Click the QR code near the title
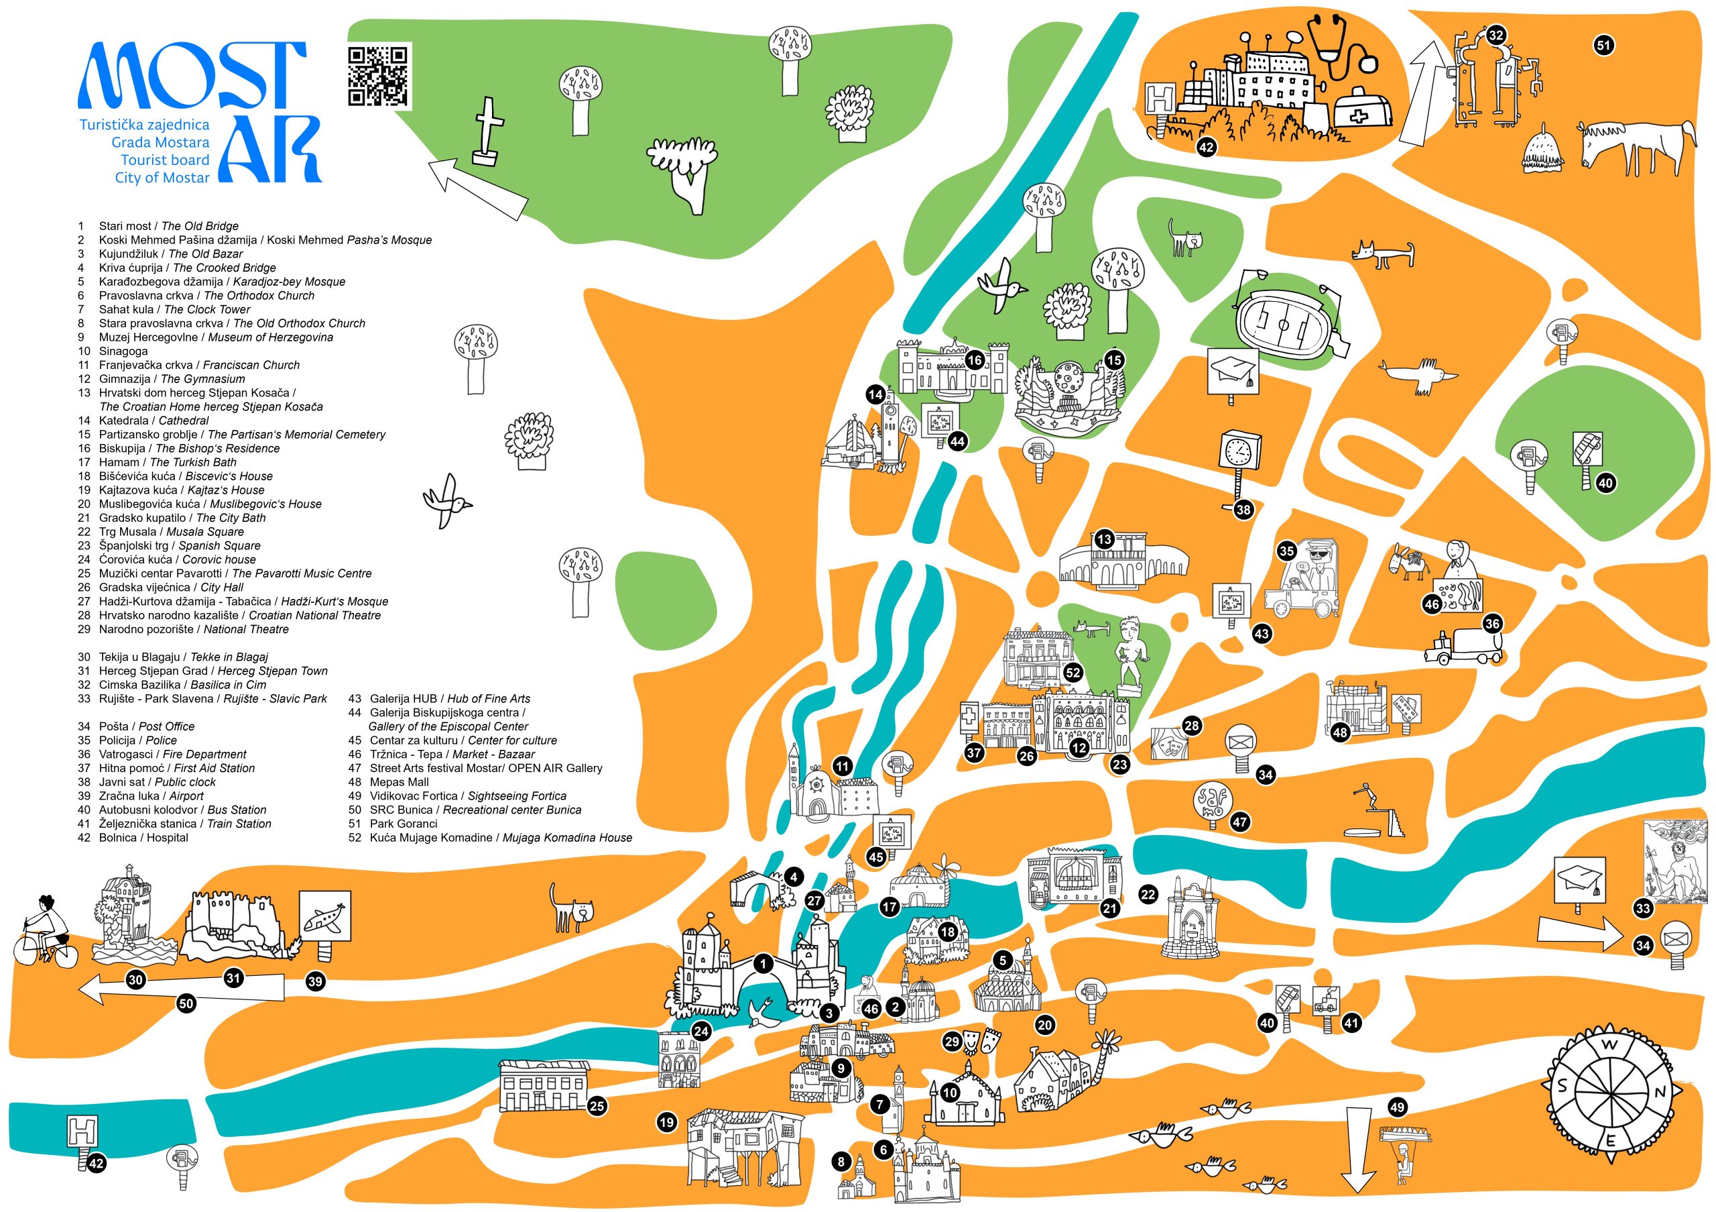point(378,76)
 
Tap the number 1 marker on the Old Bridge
point(763,964)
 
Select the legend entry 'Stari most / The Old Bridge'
point(168,226)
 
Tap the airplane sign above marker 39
point(325,917)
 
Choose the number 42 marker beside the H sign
point(97,1164)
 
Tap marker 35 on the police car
point(1286,552)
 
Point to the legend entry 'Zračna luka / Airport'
point(150,795)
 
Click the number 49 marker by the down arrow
point(1397,1107)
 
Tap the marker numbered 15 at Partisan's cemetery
point(1113,360)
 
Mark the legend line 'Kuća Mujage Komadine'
point(500,838)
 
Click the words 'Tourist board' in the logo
point(164,160)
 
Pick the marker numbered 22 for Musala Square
point(1148,894)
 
